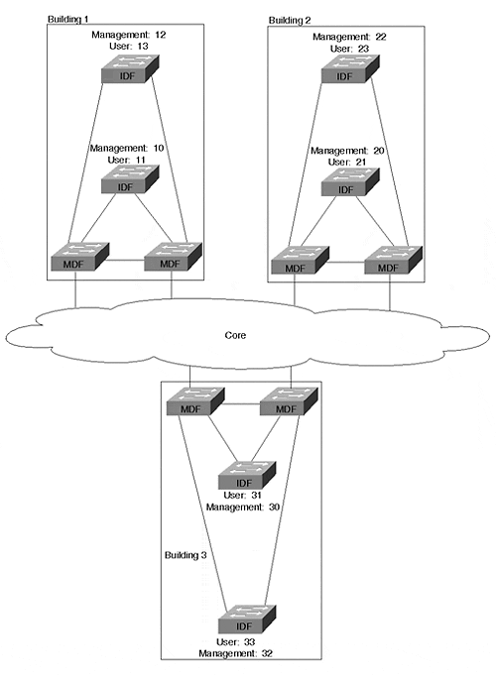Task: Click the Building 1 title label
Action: [x=67, y=19]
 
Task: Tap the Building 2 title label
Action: [x=289, y=20]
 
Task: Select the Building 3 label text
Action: [x=186, y=555]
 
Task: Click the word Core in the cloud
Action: [x=235, y=335]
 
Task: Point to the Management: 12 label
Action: [x=128, y=35]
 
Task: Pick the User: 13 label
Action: [x=128, y=46]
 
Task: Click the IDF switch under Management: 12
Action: [x=130, y=68]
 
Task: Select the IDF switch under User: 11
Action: [x=130, y=179]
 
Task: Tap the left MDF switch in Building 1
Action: [x=80, y=257]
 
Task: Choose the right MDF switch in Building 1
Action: [x=173, y=257]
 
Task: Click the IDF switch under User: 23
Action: [x=350, y=68]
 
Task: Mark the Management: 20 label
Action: [x=347, y=151]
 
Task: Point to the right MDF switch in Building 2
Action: [x=394, y=260]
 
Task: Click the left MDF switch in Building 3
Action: [x=195, y=401]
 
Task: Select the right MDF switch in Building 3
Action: [x=289, y=401]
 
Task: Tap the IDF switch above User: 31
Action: [x=247, y=475]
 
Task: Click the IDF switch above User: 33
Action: [x=247, y=619]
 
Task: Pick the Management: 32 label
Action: [x=235, y=653]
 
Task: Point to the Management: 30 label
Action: [x=243, y=507]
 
